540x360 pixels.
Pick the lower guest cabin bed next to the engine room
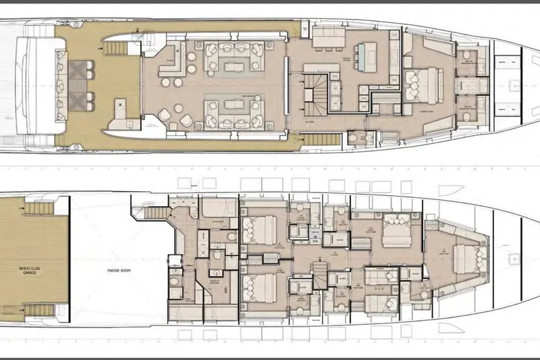(260, 288)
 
